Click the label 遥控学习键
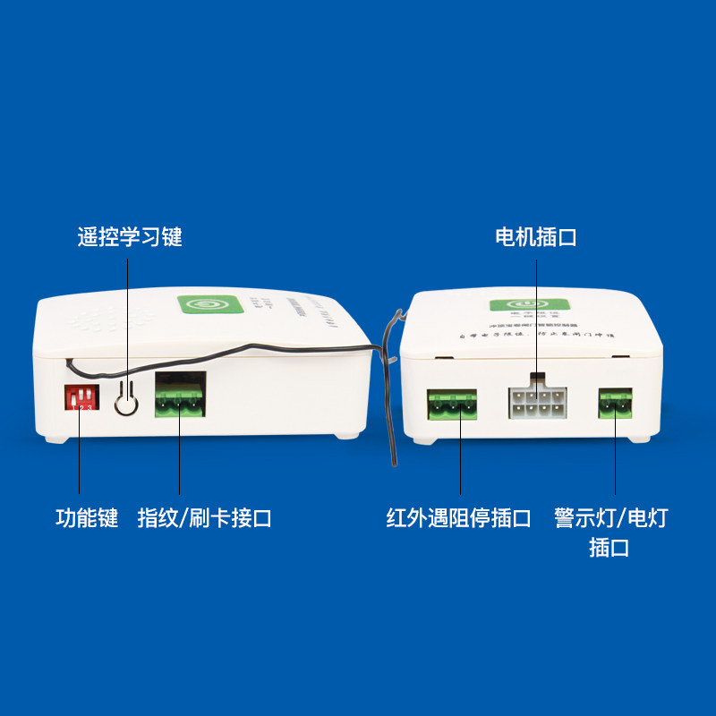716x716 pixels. pyautogui.click(x=129, y=237)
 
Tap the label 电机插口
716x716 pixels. pyautogui.click(x=535, y=237)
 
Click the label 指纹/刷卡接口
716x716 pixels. pyautogui.click(x=204, y=518)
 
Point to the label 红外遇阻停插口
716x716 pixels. pyautogui.click(x=459, y=518)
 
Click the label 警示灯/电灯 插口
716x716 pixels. pyautogui.click(x=610, y=532)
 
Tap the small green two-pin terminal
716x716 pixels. pyautogui.click(x=615, y=404)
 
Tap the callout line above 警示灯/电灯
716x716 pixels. pyautogui.click(x=616, y=461)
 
